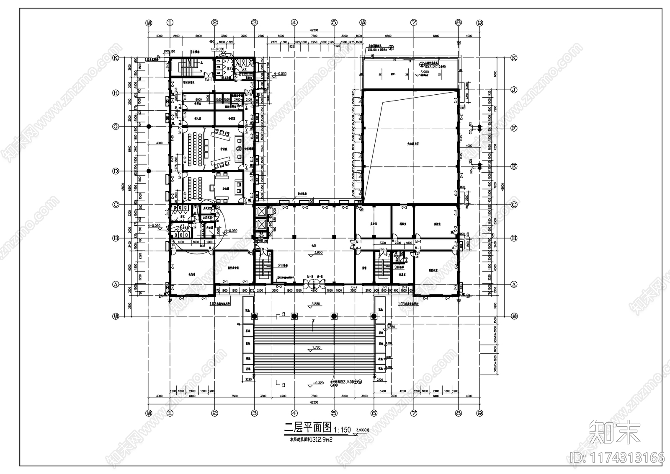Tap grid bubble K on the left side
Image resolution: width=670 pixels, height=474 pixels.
[116, 58]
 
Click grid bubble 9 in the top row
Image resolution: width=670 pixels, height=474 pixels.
[480, 23]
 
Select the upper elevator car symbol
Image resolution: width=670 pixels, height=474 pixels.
[260, 211]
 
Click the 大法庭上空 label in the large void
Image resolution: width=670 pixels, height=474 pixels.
[413, 144]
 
